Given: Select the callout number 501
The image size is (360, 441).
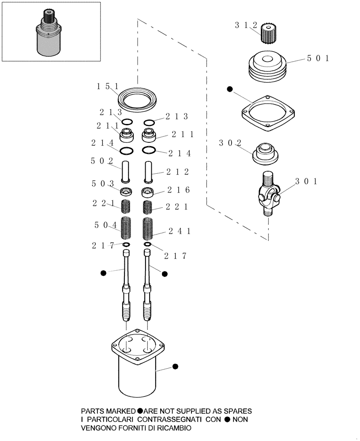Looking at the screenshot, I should click(x=317, y=58).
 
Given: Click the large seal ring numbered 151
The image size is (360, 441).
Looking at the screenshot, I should click(x=138, y=97).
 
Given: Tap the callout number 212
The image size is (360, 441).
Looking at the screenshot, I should click(x=177, y=172).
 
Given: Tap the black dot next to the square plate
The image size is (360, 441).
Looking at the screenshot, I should click(x=229, y=90).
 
